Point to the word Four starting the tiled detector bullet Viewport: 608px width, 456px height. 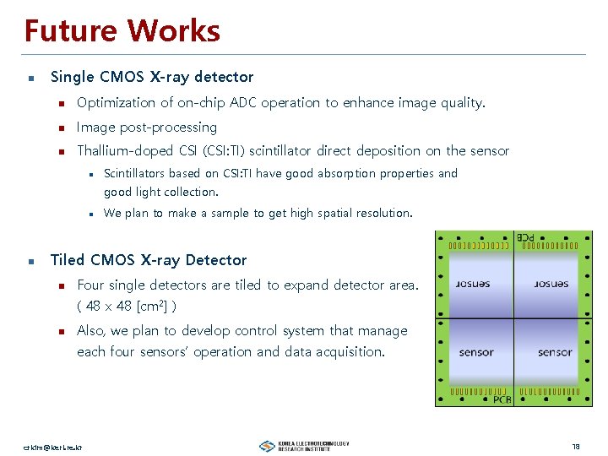click(92, 285)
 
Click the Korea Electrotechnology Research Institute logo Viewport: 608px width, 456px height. click(304, 445)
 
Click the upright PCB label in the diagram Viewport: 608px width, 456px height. click(502, 399)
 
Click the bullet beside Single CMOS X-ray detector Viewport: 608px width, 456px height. click(30, 78)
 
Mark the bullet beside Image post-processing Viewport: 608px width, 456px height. click(62, 128)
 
